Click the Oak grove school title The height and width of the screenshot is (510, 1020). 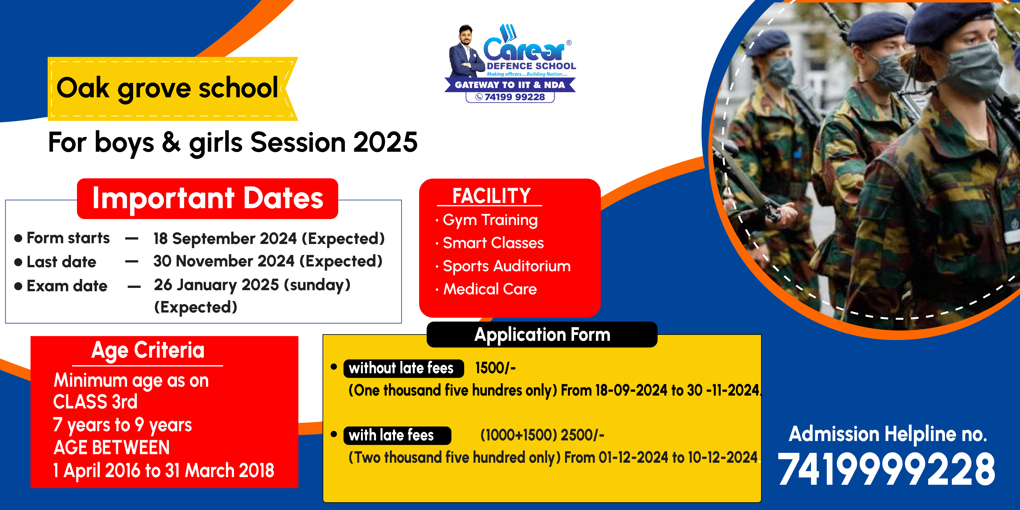coord(167,88)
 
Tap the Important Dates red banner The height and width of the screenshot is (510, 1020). coord(207,198)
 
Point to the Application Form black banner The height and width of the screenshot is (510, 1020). coord(542,335)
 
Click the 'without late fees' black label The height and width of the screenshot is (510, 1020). coord(401,368)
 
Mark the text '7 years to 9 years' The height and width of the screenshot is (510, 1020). coord(122,425)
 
